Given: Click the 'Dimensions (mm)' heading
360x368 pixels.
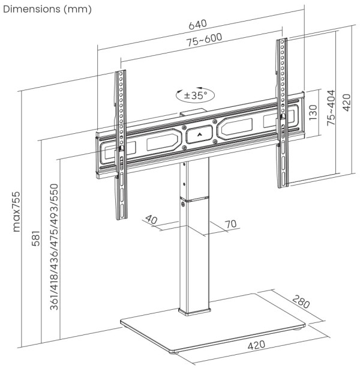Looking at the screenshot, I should [x=47, y=10].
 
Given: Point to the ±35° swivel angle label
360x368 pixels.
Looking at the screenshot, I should [x=195, y=95].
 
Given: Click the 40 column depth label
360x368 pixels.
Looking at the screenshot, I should [x=151, y=220].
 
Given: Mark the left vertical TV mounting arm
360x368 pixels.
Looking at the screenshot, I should [x=122, y=144].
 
